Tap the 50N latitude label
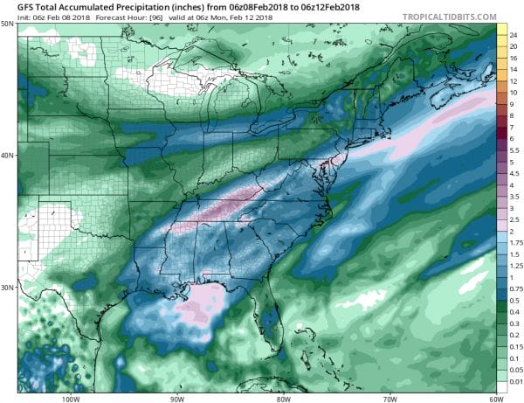(8, 25)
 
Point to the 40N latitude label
(8, 156)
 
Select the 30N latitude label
(8, 288)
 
